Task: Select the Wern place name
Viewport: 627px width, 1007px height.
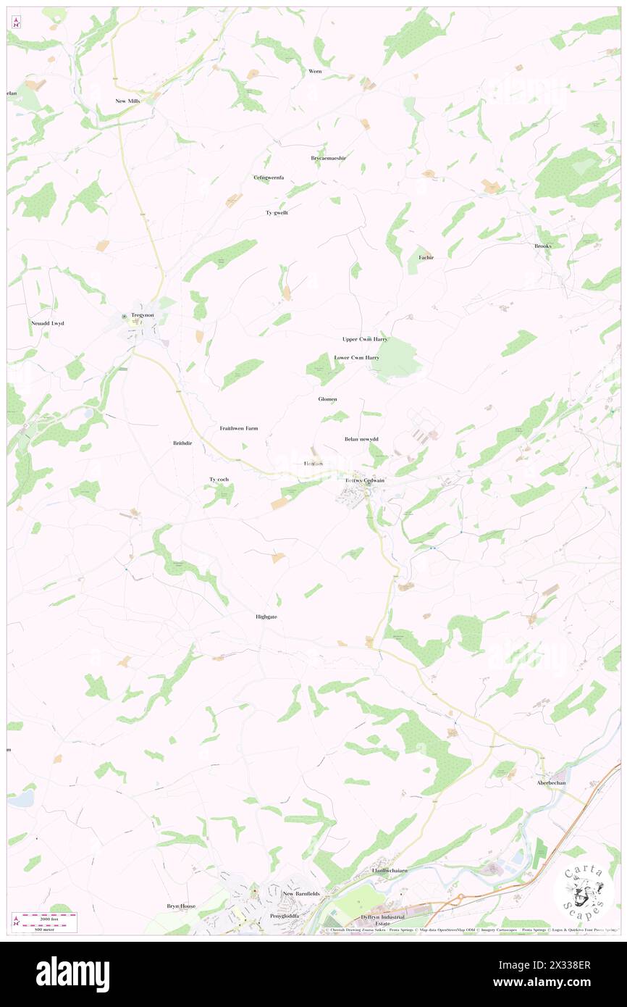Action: pyautogui.click(x=315, y=71)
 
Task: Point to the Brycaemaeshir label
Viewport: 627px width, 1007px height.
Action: pyautogui.click(x=329, y=158)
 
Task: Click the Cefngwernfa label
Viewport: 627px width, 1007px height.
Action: pyautogui.click(x=269, y=177)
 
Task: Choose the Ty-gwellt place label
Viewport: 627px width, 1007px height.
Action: pyautogui.click(x=277, y=212)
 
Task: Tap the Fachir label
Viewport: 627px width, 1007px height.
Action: pyautogui.click(x=426, y=257)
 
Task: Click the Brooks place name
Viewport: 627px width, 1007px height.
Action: pyautogui.click(x=543, y=246)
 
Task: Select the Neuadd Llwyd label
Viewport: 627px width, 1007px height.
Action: pyautogui.click(x=47, y=323)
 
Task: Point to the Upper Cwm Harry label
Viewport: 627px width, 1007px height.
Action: pyautogui.click(x=365, y=339)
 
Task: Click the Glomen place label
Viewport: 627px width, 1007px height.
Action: pyautogui.click(x=327, y=399)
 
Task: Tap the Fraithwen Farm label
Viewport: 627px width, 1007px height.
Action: pyautogui.click(x=239, y=428)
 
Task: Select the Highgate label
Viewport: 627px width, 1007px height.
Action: pyautogui.click(x=266, y=617)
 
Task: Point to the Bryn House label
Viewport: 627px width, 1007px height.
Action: pyautogui.click(x=181, y=906)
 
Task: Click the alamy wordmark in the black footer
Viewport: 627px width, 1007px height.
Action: pyautogui.click(x=72, y=974)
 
